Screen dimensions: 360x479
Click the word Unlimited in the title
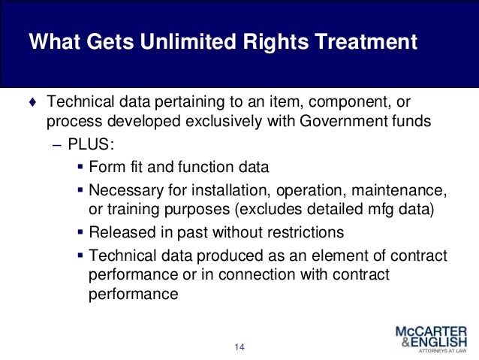187,41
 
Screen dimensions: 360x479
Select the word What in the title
53,41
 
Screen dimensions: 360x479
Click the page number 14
239,347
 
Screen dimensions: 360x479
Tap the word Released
119,231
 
